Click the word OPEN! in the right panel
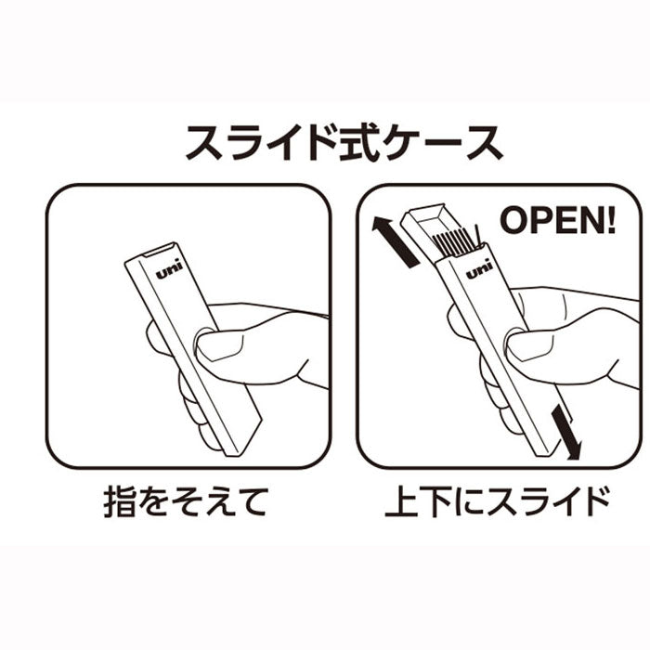(x=557, y=220)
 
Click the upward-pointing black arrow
(x=395, y=241)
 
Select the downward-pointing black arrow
(x=566, y=432)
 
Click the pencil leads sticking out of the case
(x=457, y=241)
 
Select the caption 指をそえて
(x=185, y=502)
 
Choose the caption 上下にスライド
(x=497, y=502)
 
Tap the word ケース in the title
(x=443, y=142)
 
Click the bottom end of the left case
(x=244, y=440)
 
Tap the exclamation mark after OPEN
(x=611, y=220)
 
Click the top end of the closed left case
(x=152, y=253)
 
